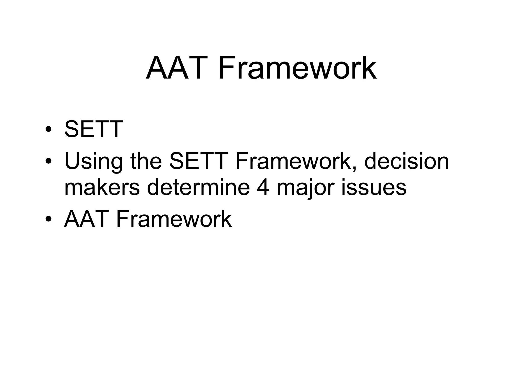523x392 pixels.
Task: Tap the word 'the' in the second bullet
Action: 146,161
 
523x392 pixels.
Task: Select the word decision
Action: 406,161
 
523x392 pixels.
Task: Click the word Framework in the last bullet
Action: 174,219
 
